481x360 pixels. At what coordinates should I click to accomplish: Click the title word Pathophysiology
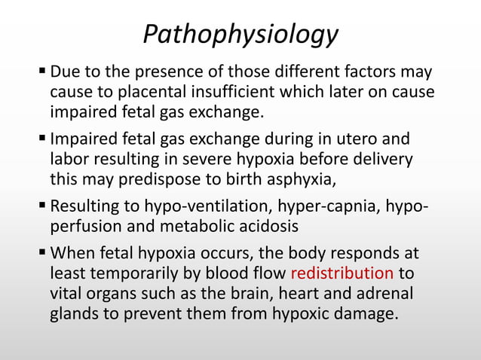[x=240, y=34]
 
